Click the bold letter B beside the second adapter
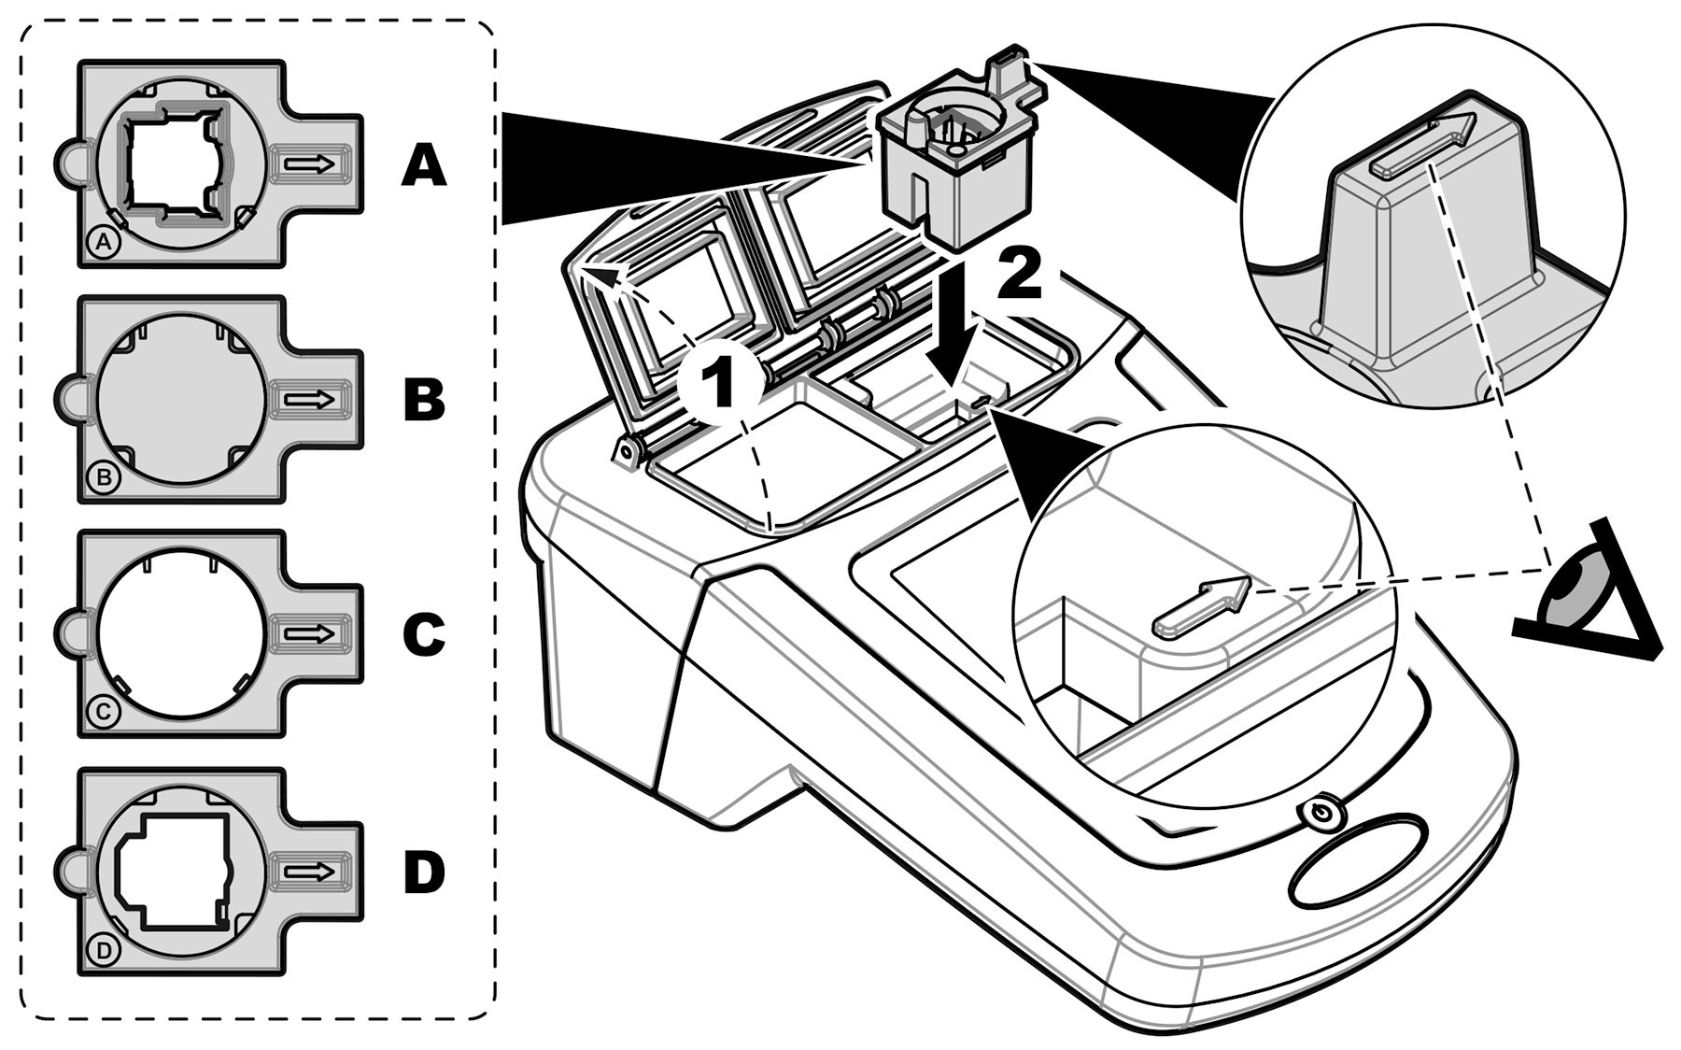point(424,400)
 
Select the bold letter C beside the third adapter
point(424,634)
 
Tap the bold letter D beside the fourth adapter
point(424,872)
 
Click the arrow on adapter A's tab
point(309,164)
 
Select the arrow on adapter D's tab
point(309,872)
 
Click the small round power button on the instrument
point(1320,814)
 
